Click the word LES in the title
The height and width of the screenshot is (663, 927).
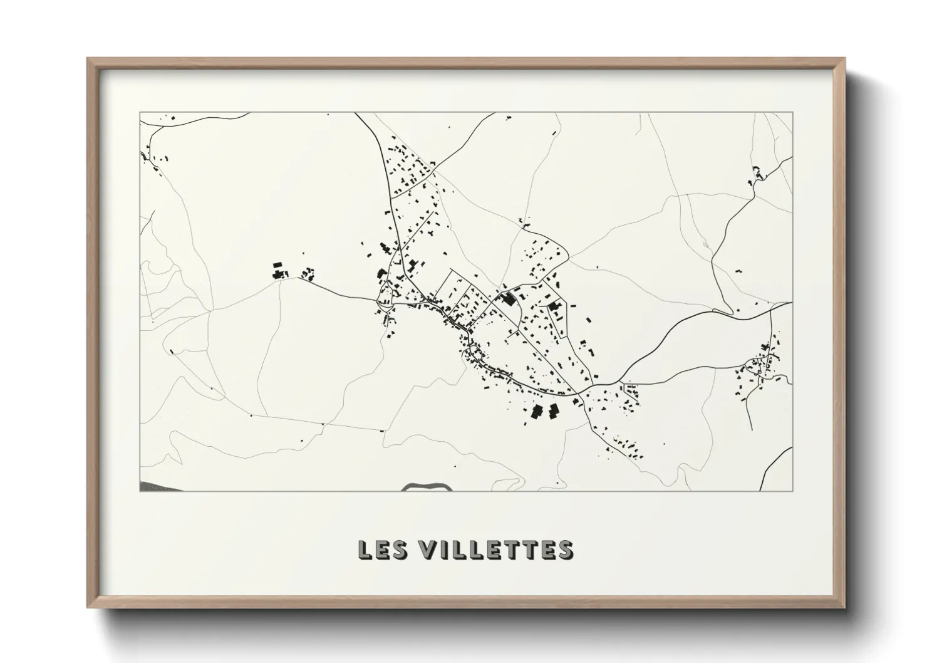click(383, 550)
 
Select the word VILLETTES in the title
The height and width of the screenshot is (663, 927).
click(496, 550)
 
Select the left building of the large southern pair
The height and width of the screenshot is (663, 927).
click(537, 412)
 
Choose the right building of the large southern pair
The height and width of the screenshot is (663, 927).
click(553, 411)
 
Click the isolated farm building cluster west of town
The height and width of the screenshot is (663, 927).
click(279, 272)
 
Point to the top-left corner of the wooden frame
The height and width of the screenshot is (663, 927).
click(88, 60)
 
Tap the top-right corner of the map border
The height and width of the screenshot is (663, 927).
click(792, 112)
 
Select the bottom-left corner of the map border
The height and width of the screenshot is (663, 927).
click(140, 491)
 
